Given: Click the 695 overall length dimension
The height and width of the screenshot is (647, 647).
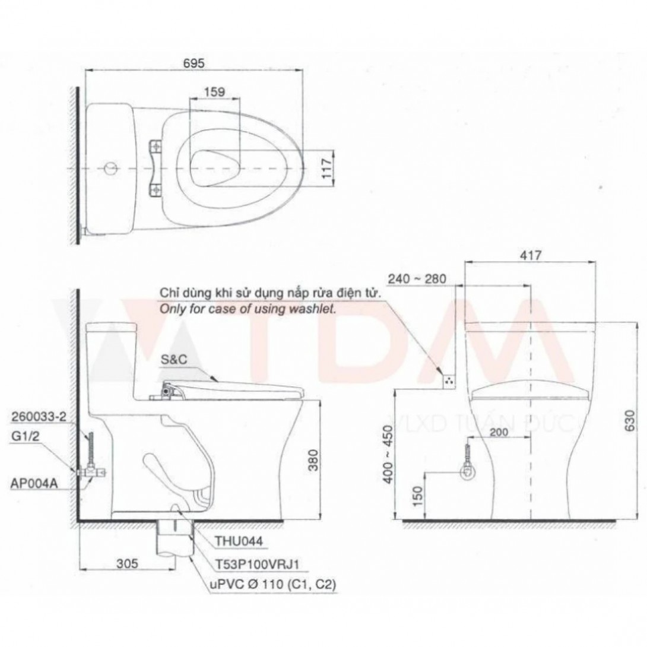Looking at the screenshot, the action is pos(194,63).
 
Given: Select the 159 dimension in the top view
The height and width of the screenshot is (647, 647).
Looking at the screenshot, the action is pos(214,91).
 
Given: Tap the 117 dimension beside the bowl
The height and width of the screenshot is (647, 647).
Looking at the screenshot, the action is pos(327,169).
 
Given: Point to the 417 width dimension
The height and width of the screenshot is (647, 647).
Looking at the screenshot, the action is pos(531,255).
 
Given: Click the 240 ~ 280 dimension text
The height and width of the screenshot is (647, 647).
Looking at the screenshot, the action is pos(417,279).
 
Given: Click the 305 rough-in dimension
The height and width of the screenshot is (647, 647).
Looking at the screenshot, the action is pos(127,563).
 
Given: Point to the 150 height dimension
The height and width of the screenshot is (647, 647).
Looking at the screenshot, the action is pos(418,497).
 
